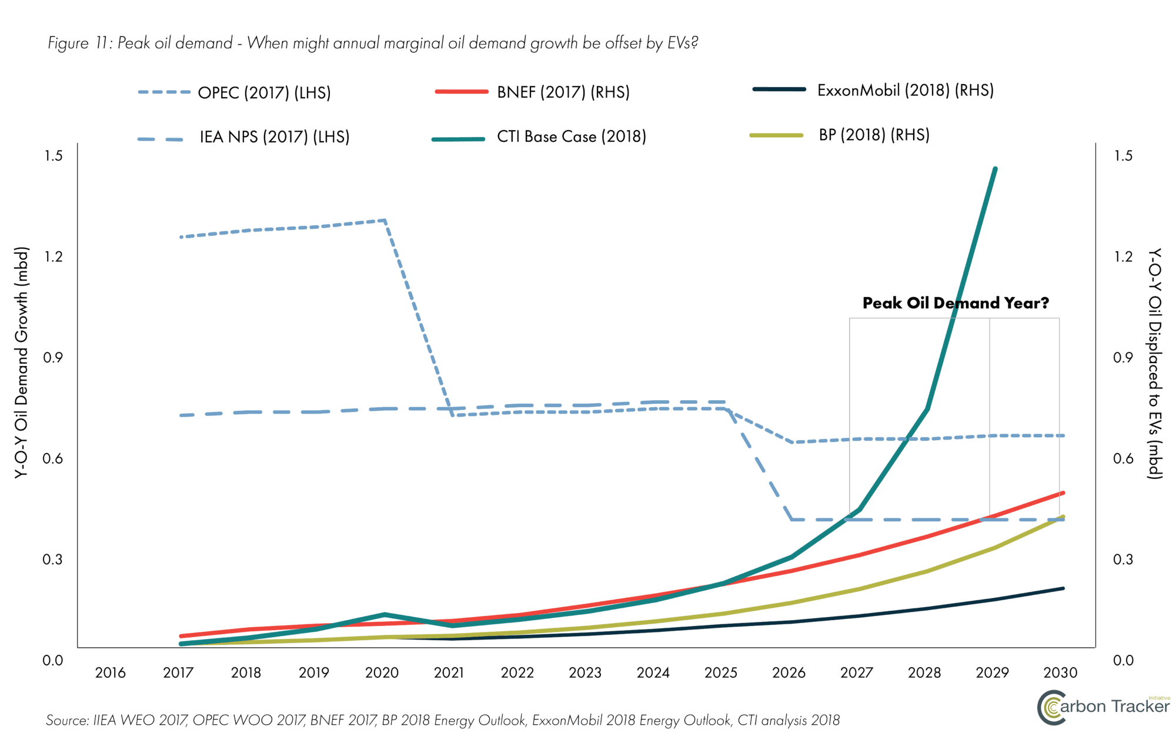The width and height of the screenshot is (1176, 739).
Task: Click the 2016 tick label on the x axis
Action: pos(111,673)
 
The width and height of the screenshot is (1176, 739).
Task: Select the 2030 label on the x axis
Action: pos(1060,673)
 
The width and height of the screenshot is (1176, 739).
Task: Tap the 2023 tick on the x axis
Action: pos(585,673)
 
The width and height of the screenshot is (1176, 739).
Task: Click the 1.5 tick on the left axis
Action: pos(53,156)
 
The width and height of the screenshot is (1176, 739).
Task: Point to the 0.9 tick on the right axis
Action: pos(1122,358)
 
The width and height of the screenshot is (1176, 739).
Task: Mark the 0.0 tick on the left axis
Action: pos(53,660)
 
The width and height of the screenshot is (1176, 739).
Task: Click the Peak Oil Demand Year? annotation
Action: pos(955,303)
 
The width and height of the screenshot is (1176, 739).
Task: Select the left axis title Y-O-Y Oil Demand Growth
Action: pos(21,362)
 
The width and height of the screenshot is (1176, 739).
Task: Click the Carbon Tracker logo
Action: pos(1103,707)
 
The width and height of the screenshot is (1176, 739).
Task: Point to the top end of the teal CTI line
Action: pos(995,169)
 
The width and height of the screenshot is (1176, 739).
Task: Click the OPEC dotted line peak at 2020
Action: pos(385,221)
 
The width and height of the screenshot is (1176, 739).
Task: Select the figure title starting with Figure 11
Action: pos(373,43)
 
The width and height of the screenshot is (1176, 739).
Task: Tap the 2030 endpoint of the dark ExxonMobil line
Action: pos(1063,588)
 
